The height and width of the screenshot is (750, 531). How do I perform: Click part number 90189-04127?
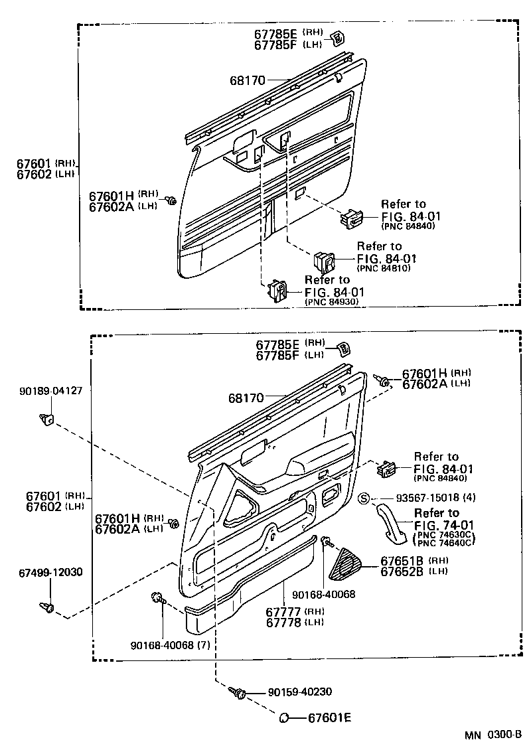50,391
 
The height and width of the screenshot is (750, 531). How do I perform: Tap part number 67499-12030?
50,572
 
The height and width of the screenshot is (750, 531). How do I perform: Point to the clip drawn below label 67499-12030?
46,606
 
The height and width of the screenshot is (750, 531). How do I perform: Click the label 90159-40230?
299,692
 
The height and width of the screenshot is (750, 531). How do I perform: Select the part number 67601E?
329,717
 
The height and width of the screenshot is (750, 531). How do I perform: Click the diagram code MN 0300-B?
493,735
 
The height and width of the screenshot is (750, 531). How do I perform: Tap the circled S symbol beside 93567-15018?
364,498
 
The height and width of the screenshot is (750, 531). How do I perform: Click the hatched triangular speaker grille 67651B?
345,563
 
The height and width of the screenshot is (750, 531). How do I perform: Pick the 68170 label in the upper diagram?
248,80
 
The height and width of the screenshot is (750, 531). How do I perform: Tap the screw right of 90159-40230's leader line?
238,694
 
